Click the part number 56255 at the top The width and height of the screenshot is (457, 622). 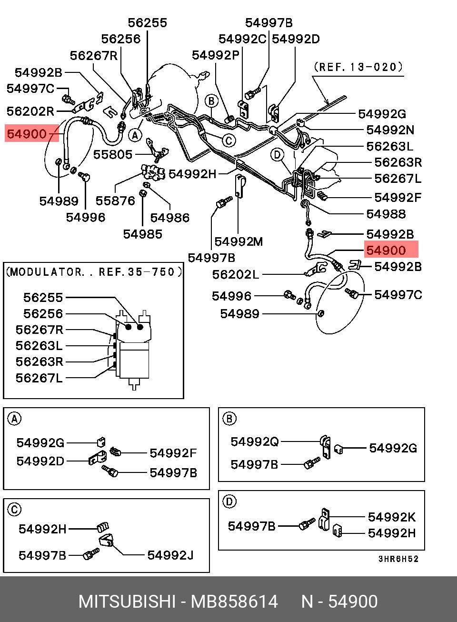pos(148,23)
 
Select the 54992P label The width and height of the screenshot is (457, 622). pos(216,55)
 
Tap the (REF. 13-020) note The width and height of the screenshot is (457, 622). pos(358,67)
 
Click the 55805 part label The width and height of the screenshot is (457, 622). pos(113,155)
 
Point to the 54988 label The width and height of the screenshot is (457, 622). pos(386,214)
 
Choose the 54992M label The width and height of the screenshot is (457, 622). pos(238,241)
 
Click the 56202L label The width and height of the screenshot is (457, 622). pos(236,275)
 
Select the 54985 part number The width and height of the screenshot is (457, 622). pos(143,234)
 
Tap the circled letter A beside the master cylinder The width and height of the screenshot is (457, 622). pos(135,136)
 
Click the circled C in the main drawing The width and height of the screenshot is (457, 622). pos(228,140)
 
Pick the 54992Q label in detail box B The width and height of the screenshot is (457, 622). pos(254,441)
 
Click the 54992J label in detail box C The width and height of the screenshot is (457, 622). pos(170,555)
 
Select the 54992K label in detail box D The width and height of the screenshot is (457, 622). pos(392,517)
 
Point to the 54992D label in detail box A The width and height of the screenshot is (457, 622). pos(40,461)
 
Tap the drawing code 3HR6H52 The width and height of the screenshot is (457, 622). pos(398,559)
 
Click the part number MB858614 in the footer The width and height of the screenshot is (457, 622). pos(235,602)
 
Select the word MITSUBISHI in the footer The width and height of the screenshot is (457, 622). pos(127,602)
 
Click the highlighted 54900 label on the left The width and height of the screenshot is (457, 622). pos(27,134)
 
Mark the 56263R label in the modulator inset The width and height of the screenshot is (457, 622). pos(40,362)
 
